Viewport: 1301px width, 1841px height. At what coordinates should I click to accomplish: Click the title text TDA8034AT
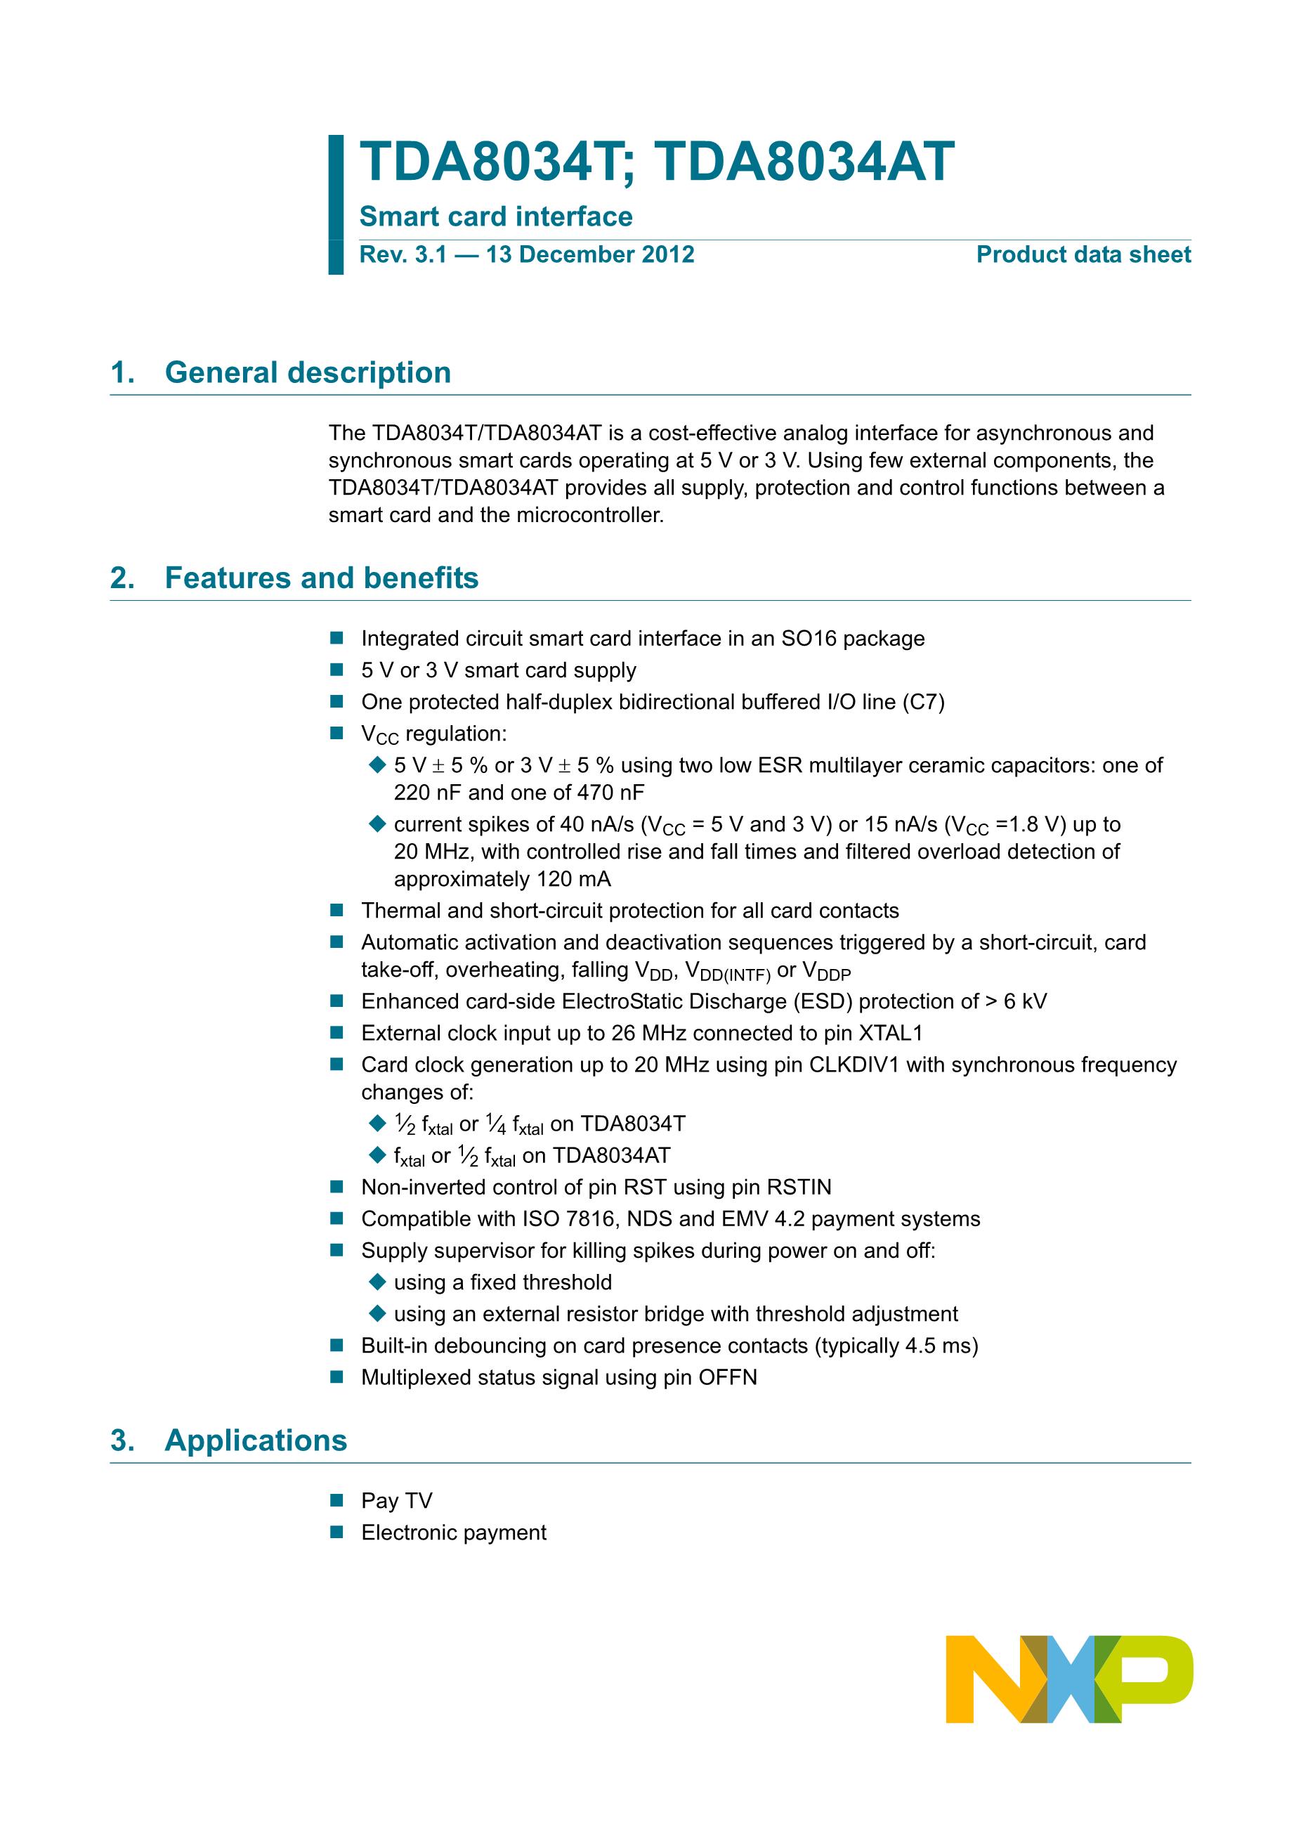804,163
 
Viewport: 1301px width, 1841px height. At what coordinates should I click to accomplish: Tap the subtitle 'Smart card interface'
495,216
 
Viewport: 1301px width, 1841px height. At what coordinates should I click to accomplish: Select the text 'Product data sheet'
1083,255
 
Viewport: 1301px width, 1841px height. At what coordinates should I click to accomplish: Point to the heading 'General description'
308,373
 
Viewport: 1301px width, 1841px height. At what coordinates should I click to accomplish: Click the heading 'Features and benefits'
322,578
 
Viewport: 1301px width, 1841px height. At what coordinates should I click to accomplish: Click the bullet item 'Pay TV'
397,1501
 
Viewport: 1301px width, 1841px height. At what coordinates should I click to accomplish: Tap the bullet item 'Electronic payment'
454,1533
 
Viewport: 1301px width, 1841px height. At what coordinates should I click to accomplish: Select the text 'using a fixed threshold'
502,1283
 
